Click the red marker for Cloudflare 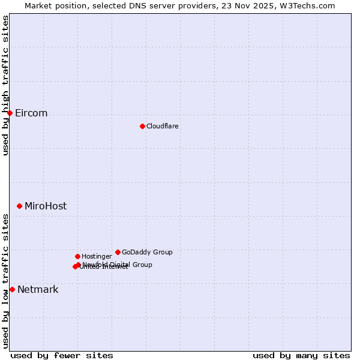pos(142,126)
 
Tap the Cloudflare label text pos(162,126)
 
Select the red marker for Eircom pos(10,113)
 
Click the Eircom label pos(31,113)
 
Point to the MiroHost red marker pos(19,206)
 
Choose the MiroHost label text pos(46,206)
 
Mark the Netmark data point pos(12,289)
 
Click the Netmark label pos(38,289)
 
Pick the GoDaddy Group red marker pos(118,252)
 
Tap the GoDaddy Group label pos(147,252)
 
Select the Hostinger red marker pos(77,256)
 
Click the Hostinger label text pos(97,256)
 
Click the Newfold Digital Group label pos(118,264)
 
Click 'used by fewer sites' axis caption pos(62,355)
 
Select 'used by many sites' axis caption pos(301,355)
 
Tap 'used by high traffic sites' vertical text pos(5,85)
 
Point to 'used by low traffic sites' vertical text pos(5,280)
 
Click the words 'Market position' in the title pos(55,5)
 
